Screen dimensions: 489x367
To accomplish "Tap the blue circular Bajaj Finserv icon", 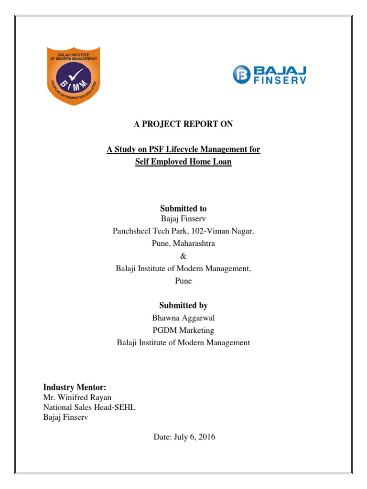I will coord(242,74).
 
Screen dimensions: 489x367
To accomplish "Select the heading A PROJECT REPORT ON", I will coord(183,124).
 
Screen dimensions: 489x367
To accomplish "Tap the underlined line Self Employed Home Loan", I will coord(183,162).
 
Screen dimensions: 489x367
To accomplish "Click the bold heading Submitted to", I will coord(183,208).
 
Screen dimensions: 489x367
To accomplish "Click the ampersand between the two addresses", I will coord(183,256).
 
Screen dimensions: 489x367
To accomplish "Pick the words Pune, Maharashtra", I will coord(183,244).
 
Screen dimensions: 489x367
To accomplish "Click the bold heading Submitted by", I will coord(183,305).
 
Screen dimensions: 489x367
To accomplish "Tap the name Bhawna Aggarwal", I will coord(183,318).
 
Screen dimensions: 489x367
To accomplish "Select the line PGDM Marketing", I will coord(183,330).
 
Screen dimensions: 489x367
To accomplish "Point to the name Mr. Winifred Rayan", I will coord(77,397).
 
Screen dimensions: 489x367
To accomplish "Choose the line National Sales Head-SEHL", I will coord(89,407).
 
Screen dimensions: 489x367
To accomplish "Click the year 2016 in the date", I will coord(207,436).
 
